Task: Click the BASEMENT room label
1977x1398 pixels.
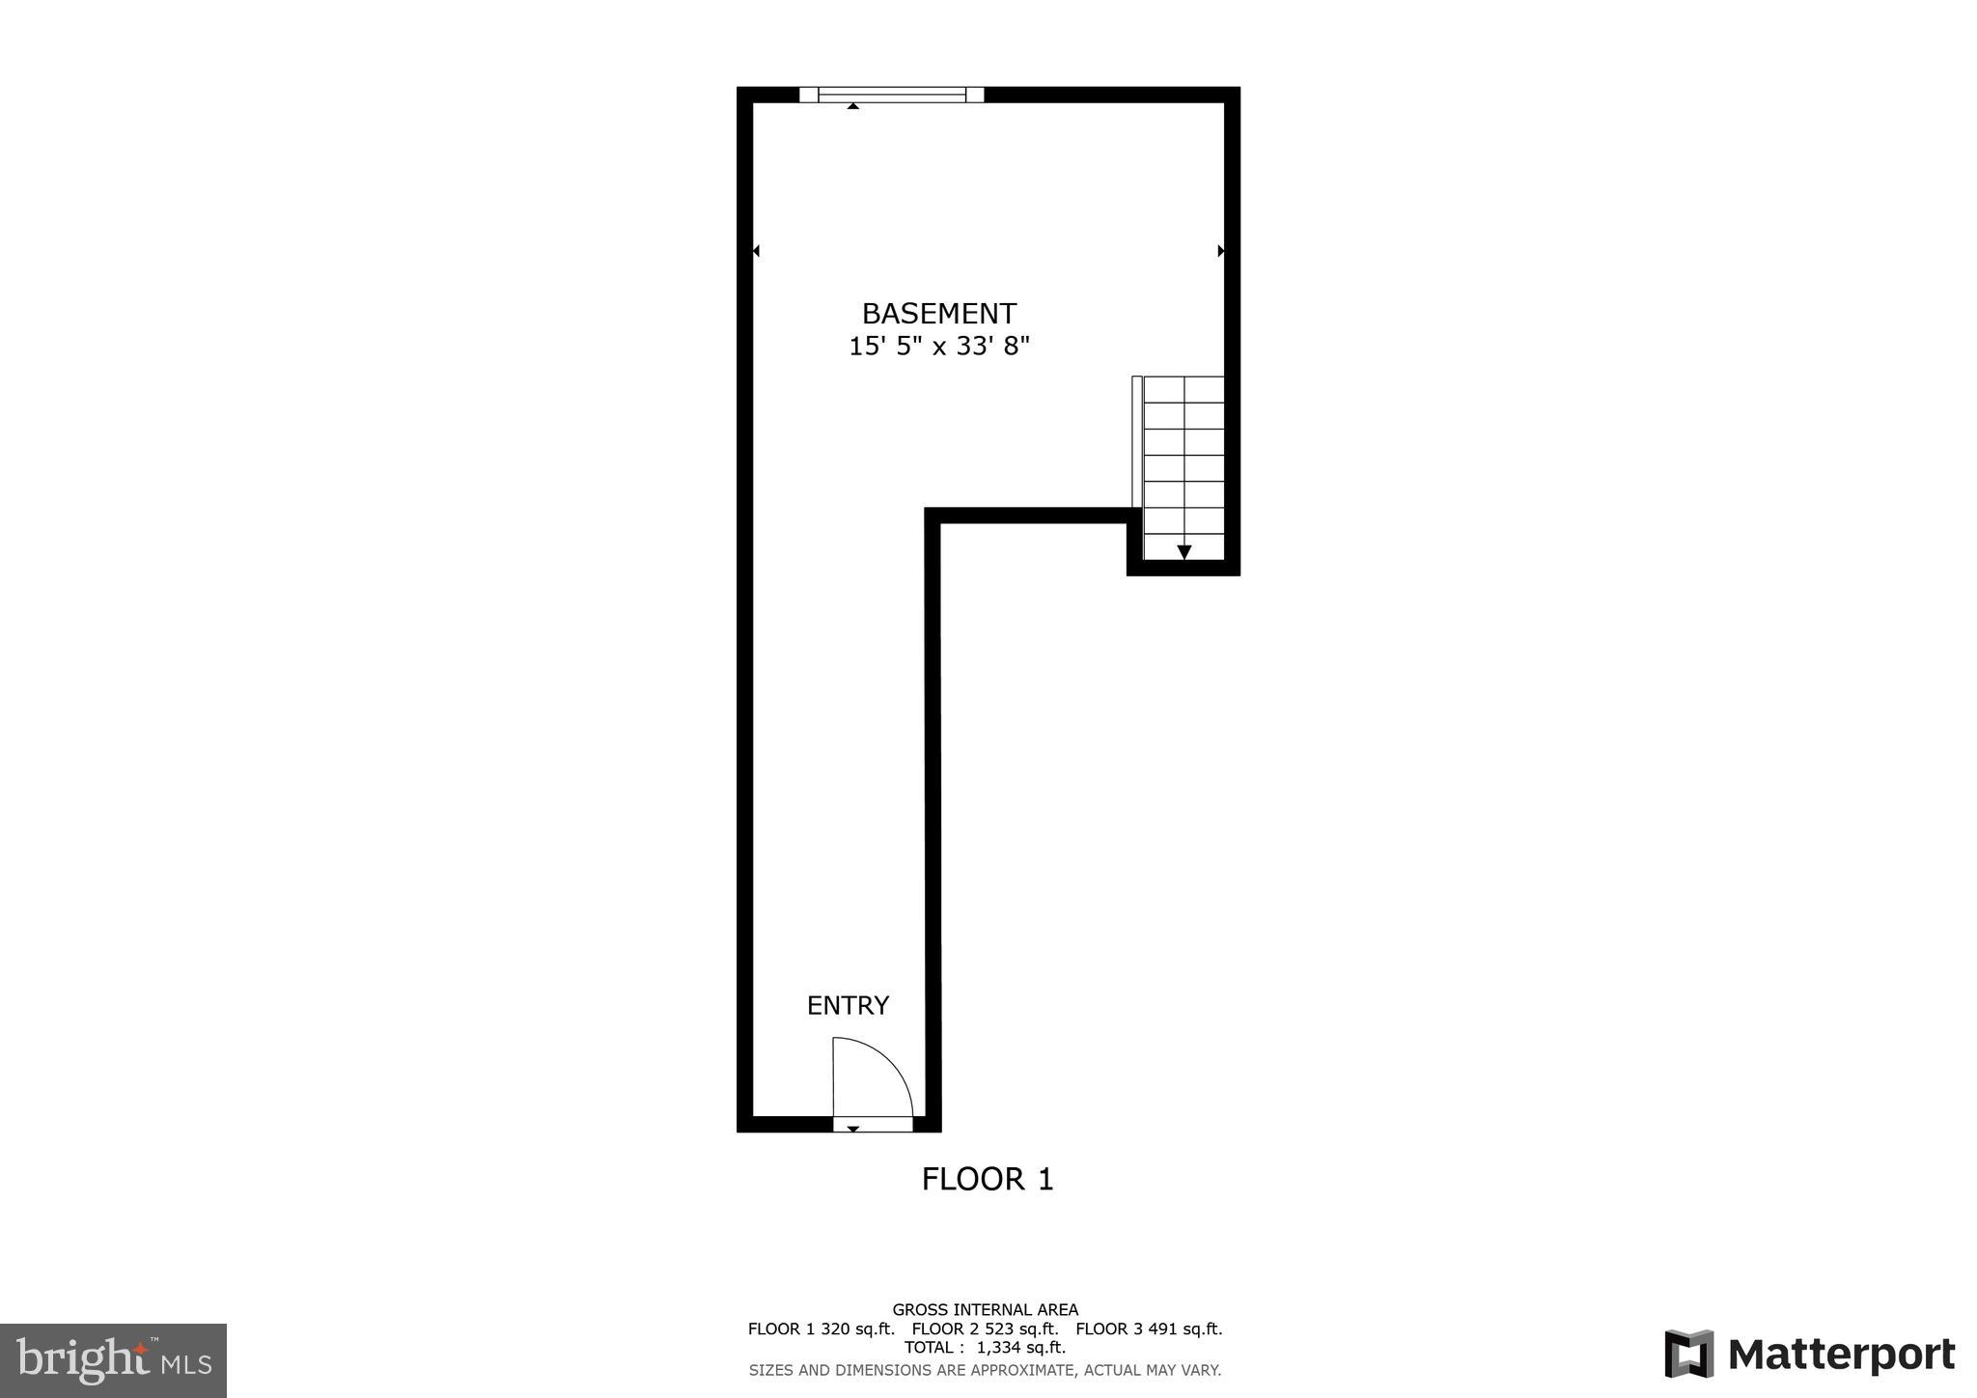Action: point(938,314)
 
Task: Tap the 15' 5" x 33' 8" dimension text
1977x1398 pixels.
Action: point(938,347)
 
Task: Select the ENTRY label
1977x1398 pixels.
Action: point(848,1006)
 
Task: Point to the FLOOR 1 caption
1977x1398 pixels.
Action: point(988,1179)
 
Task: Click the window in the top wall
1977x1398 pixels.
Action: point(891,94)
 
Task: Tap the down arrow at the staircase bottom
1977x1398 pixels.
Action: point(1183,551)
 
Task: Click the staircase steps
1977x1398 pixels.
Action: point(1183,454)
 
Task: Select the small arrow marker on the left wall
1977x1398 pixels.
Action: point(756,251)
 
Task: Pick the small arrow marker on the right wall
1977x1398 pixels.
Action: point(1221,251)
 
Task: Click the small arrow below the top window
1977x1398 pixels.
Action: point(852,105)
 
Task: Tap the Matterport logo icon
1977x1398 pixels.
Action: point(1688,1354)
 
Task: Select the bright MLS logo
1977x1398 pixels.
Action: point(114,1360)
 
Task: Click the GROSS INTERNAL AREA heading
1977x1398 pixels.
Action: point(985,1310)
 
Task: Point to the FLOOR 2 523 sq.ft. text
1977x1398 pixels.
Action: point(985,1328)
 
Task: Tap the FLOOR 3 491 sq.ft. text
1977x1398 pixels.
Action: point(1149,1328)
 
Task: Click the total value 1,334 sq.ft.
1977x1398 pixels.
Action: point(1020,1347)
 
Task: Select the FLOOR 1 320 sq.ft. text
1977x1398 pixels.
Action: point(821,1328)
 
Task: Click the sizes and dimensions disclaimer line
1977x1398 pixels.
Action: point(985,1369)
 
